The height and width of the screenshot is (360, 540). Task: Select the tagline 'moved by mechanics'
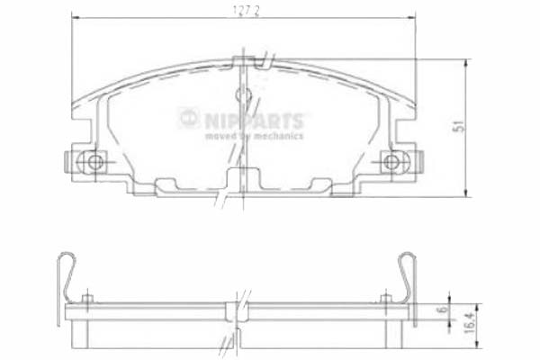tap(254, 136)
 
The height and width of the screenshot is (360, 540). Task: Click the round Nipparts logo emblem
tap(188, 116)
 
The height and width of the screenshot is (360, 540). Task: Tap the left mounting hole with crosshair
tap(90, 162)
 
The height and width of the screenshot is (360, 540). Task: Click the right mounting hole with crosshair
tap(390, 162)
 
